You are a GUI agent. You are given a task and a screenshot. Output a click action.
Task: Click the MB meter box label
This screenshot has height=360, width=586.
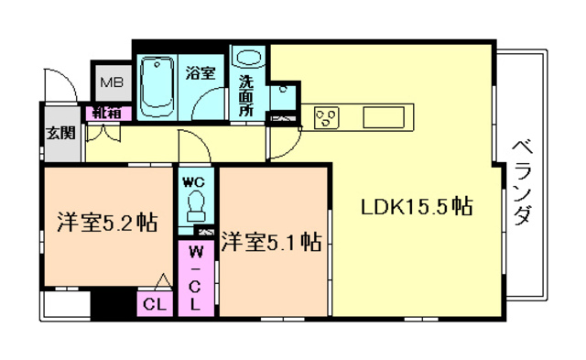(112, 82)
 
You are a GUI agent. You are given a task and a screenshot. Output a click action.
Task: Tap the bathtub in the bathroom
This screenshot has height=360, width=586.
(157, 87)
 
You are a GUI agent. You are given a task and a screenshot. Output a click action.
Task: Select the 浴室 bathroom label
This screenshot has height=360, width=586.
(201, 72)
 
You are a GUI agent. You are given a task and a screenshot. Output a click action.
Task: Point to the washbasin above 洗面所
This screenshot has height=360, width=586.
(248, 58)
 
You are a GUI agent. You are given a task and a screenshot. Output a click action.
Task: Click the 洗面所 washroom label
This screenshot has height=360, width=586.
(246, 95)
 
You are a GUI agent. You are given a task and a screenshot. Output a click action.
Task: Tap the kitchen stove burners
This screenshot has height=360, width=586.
(327, 118)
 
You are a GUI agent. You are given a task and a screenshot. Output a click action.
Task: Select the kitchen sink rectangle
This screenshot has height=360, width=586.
(384, 117)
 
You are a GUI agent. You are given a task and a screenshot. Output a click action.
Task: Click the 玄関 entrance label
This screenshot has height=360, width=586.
(61, 133)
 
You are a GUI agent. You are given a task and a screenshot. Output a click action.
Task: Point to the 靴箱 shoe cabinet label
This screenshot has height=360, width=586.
(107, 113)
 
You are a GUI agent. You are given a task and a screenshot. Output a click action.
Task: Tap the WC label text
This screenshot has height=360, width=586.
(193, 182)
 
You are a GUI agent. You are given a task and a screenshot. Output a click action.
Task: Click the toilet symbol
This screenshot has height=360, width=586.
(196, 206)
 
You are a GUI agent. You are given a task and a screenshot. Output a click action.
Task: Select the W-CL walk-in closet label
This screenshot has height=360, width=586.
(195, 278)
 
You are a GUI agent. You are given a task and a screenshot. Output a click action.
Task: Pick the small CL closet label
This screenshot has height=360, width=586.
(155, 305)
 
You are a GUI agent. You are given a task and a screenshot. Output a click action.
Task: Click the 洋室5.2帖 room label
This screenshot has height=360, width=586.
(107, 223)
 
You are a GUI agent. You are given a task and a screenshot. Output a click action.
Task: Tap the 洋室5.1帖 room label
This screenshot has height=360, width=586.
(271, 242)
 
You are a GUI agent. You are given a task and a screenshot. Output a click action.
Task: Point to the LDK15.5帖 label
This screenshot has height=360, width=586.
(418, 206)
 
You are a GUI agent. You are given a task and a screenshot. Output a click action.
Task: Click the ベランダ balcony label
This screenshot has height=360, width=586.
(521, 182)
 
